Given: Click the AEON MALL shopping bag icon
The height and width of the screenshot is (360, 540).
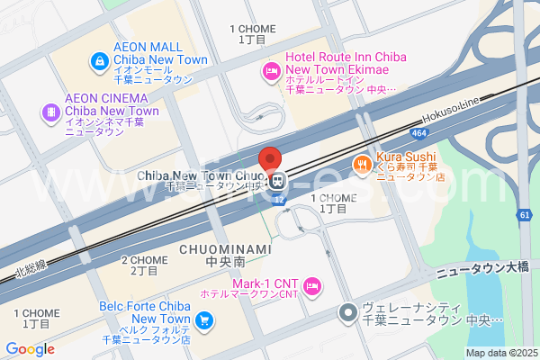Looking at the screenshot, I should (x=98, y=61).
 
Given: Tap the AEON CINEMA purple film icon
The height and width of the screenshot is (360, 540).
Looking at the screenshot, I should (x=50, y=112).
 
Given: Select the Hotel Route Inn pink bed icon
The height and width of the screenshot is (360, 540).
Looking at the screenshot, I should (x=269, y=71).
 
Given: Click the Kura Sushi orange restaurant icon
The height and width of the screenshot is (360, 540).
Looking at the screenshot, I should (x=361, y=164).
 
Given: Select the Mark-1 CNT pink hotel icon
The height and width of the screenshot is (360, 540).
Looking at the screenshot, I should (x=311, y=286).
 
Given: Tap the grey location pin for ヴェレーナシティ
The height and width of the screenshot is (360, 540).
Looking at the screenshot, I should (x=347, y=312).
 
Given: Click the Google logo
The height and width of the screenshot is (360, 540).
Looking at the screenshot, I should (x=30, y=349).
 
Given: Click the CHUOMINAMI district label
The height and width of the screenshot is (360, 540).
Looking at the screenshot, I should (x=212, y=248).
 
